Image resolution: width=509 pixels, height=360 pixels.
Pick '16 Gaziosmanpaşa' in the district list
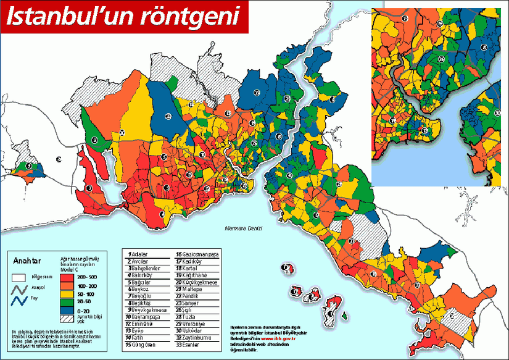(x=198, y=254)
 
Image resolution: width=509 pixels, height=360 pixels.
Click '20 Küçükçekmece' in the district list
(x=199, y=282)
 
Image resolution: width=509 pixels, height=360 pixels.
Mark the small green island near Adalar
(x=344, y=317)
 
